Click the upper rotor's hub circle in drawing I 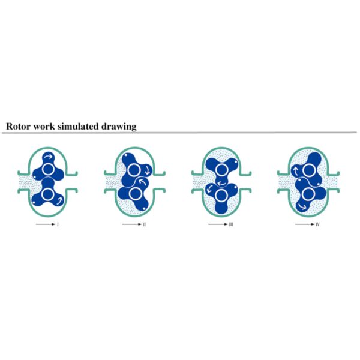coord(47,170)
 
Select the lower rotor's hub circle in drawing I coord(47,193)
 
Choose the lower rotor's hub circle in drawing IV coord(307,193)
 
